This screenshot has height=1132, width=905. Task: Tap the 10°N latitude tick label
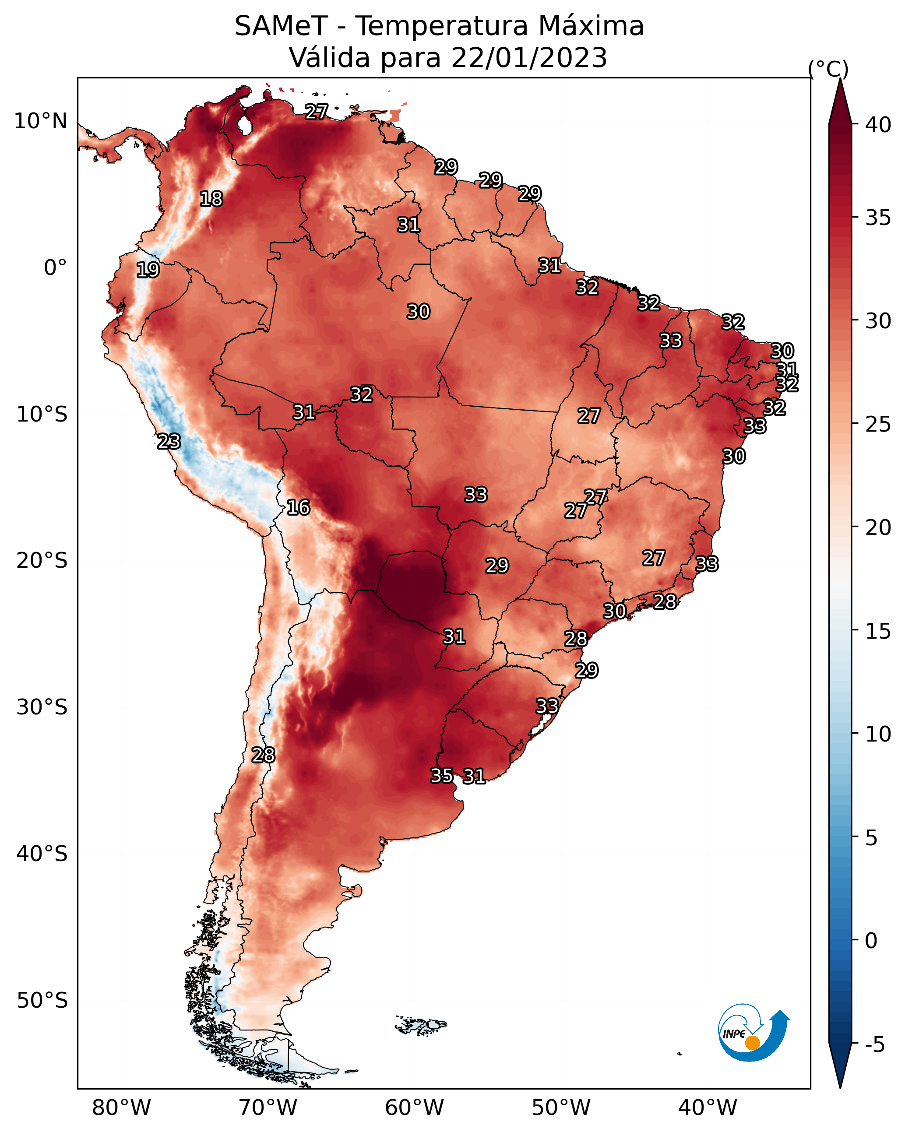(40, 121)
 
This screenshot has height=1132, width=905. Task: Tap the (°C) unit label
(828, 69)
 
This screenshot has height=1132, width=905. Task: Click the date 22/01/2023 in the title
(529, 58)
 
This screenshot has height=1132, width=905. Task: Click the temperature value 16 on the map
(298, 507)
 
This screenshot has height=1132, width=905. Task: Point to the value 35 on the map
(442, 775)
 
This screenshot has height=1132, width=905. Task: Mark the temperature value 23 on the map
(169, 441)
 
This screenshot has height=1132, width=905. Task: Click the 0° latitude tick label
(56, 268)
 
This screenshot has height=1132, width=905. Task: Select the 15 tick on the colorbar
(878, 631)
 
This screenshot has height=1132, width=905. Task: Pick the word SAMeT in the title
(282, 26)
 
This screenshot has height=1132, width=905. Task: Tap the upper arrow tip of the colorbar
(840, 79)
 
